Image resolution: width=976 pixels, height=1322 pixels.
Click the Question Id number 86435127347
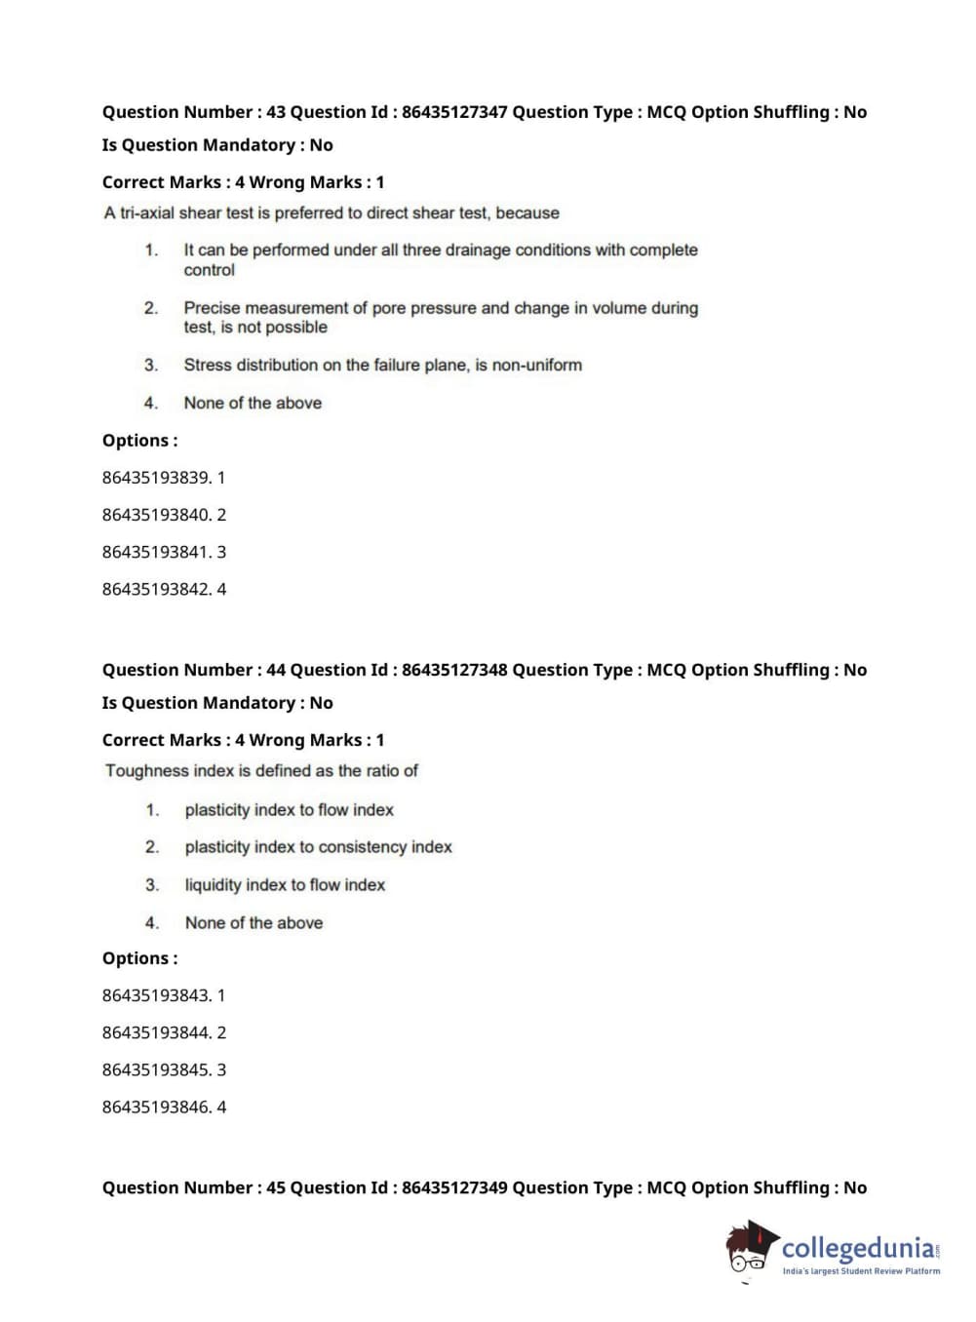pos(454,112)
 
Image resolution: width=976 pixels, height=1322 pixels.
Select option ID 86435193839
pos(156,478)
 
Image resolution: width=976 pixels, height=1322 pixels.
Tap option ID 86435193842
pos(156,589)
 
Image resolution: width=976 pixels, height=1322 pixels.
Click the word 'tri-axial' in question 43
pos(151,213)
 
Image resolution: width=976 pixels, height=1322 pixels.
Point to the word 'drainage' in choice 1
pos(477,250)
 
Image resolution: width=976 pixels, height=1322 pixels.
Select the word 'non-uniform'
pos(537,365)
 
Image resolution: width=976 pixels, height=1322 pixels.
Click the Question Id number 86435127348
pos(454,670)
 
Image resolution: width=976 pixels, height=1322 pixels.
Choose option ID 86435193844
pos(156,1032)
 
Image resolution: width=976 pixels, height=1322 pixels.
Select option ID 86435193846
pos(156,1107)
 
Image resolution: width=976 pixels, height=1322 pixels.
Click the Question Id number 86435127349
pos(454,1187)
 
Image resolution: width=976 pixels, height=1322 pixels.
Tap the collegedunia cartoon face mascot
pos(749,1248)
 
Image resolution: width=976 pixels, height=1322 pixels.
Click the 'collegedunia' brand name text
pos(857,1247)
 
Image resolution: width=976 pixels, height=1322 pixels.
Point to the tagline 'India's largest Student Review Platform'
pos(861,1270)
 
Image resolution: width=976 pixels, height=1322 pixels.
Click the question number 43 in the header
pos(276,112)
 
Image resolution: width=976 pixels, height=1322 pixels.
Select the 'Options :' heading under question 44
pos(139,958)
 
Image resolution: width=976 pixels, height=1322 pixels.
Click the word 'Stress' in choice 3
pos(208,365)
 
